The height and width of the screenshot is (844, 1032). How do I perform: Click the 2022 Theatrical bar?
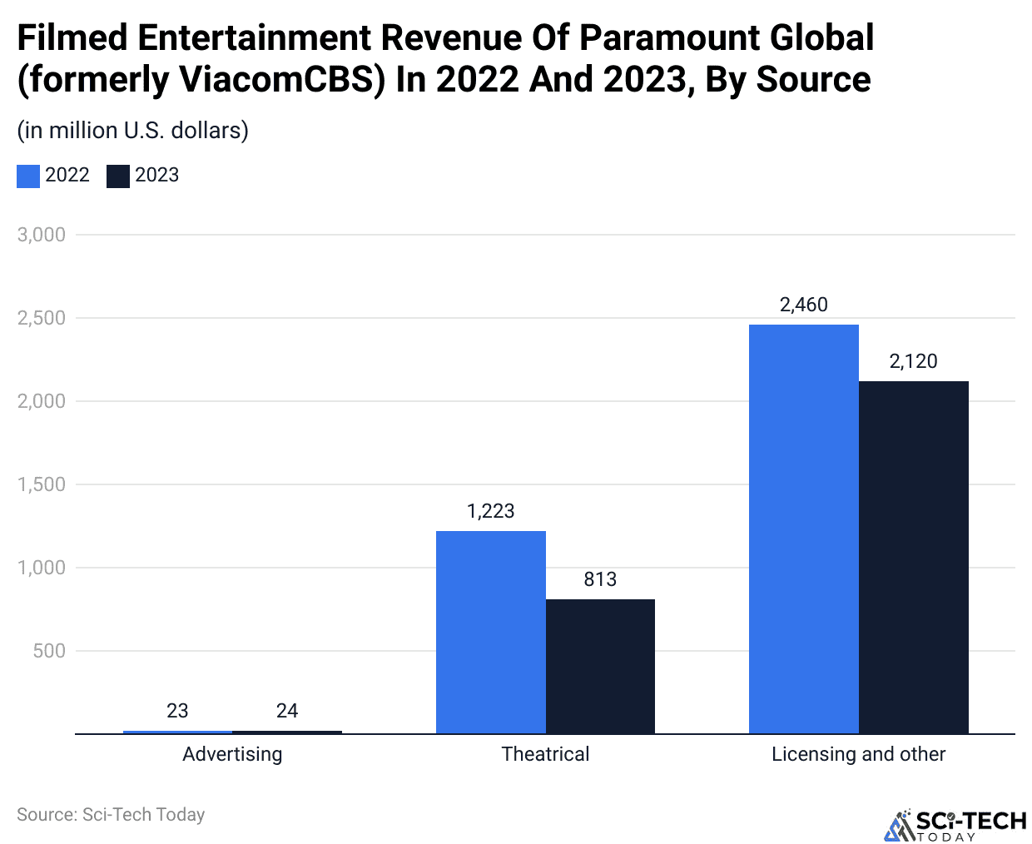[491, 632]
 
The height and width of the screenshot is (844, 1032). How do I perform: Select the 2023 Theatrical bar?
[600, 666]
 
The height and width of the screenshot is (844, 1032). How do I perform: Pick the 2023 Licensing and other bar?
[913, 557]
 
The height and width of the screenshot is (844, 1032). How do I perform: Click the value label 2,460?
[803, 305]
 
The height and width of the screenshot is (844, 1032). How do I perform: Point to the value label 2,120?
[913, 361]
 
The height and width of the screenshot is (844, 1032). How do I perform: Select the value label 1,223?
[491, 511]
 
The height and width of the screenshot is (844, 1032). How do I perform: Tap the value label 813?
[600, 579]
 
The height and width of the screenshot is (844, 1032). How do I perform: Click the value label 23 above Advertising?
[177, 711]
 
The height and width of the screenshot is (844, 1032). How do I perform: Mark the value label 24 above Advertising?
[287, 711]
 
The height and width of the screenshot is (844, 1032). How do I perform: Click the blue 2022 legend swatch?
[28, 176]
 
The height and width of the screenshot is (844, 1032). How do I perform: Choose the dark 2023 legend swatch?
[118, 176]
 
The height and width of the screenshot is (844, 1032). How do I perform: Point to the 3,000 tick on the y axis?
[42, 235]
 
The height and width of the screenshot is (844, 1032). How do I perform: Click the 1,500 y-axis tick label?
[42, 484]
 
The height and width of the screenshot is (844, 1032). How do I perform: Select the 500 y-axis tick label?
[49, 651]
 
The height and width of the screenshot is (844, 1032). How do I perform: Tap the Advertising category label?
[232, 754]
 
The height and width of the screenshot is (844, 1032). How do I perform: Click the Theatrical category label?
[545, 754]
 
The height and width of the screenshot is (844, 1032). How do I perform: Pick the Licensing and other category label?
[858, 754]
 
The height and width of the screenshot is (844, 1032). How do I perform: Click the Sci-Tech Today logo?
[955, 825]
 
